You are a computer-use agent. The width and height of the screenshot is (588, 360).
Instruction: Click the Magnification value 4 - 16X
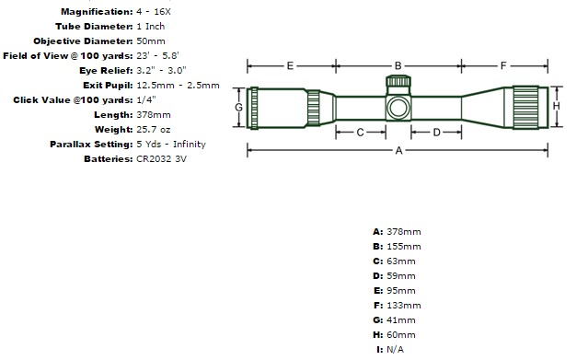tap(154, 12)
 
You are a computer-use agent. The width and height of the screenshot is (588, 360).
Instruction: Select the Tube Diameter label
tap(94, 27)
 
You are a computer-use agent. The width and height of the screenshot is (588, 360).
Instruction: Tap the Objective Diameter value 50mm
tap(151, 41)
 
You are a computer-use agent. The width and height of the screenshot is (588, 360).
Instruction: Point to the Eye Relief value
tap(161, 70)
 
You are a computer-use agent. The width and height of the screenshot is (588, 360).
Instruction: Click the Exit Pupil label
tap(108, 86)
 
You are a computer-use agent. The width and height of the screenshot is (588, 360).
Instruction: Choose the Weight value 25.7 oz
tap(154, 130)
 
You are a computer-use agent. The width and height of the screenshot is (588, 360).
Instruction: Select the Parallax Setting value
tap(171, 145)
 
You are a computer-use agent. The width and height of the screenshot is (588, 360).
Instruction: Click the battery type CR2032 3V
tap(161, 158)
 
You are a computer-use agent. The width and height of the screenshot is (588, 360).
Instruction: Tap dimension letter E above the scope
tap(290, 66)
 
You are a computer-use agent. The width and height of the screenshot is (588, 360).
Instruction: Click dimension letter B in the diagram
tap(398, 66)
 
